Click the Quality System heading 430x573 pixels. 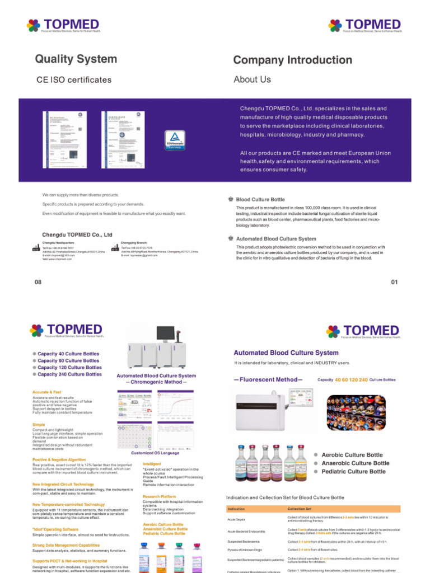click(76, 59)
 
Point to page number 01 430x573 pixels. click(394, 282)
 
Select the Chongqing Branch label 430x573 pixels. click(134, 243)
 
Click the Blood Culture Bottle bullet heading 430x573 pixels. click(260, 199)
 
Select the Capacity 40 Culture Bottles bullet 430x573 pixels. click(68, 354)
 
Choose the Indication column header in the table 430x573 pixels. click(236, 509)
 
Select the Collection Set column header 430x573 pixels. click(300, 509)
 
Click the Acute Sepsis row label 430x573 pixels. click(236, 520)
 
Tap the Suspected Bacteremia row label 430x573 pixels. click(244, 542)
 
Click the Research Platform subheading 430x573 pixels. click(160, 496)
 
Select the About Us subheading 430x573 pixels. click(252, 79)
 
